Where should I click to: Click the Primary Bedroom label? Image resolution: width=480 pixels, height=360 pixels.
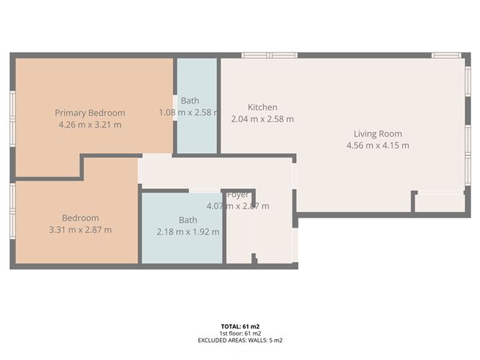(x=91, y=113)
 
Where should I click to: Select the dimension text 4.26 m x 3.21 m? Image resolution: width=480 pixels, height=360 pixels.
(x=91, y=124)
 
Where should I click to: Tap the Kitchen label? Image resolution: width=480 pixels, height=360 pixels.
(x=262, y=107)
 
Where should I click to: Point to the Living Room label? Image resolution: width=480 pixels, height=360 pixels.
(x=377, y=134)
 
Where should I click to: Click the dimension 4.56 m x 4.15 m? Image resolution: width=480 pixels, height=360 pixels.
(x=377, y=145)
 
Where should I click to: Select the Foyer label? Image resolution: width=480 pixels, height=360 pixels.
(x=238, y=195)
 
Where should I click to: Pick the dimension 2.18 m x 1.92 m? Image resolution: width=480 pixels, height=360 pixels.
(x=188, y=232)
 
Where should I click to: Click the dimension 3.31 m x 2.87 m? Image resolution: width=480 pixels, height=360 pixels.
(x=80, y=230)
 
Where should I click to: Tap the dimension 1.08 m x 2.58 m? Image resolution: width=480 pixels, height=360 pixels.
(x=190, y=113)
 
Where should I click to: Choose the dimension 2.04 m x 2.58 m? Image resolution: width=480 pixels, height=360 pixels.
(x=262, y=119)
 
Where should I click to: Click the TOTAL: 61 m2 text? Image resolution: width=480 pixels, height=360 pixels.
(x=241, y=327)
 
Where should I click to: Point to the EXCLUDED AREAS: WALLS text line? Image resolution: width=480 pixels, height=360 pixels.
(x=241, y=340)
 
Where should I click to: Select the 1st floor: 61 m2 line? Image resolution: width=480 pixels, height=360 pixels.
(x=241, y=333)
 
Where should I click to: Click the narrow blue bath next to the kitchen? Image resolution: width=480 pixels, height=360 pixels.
(x=197, y=137)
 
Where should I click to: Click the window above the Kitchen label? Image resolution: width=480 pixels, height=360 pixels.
(x=269, y=55)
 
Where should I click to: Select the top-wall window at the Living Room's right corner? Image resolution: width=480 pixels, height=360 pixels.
(x=446, y=55)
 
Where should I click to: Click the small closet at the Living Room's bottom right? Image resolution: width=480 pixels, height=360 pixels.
(x=440, y=203)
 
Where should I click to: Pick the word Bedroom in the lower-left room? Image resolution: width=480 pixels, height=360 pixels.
(x=80, y=218)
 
